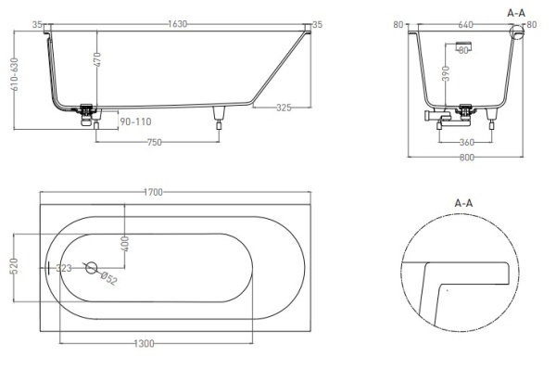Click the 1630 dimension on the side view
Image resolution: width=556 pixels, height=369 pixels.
pyautogui.click(x=176, y=24)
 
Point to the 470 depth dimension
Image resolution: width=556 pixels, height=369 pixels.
pyautogui.click(x=96, y=62)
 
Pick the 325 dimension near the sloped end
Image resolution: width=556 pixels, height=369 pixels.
pyautogui.click(x=284, y=108)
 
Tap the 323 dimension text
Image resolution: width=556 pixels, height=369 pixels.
pyautogui.click(x=64, y=268)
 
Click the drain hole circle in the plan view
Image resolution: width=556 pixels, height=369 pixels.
pyautogui.click(x=91, y=268)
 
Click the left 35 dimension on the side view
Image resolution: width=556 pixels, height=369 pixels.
pyautogui.click(x=37, y=24)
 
